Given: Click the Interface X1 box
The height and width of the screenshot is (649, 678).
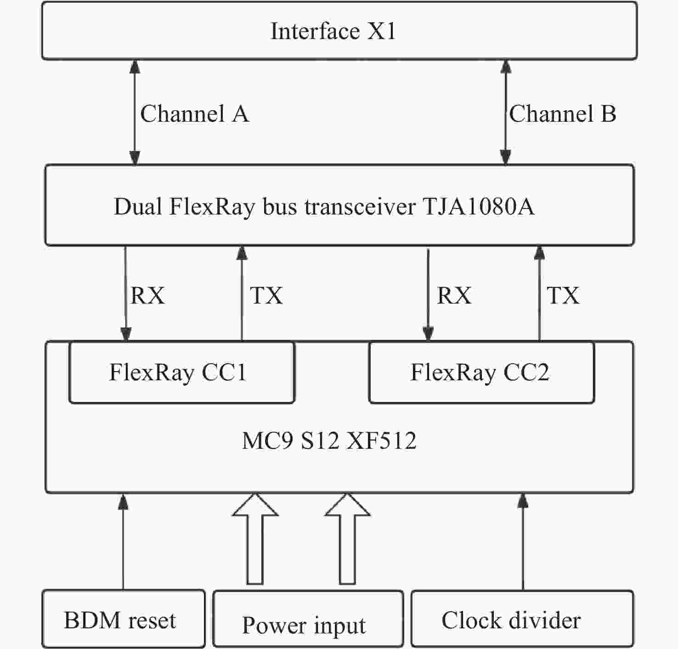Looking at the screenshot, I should coord(339,31).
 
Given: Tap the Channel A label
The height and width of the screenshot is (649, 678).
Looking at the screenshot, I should coord(194,113).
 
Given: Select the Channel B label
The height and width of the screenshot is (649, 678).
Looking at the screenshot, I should coord(562,113).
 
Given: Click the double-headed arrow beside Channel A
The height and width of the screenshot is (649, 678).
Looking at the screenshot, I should coord(135,112).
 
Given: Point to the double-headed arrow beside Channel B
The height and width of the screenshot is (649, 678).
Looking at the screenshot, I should coord(506,112).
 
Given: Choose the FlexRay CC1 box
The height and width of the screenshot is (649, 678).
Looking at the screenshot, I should coord(181,372).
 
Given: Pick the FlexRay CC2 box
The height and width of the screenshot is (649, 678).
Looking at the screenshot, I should coord(481,372).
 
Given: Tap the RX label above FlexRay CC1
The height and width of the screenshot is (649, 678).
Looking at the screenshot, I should coord(147,295).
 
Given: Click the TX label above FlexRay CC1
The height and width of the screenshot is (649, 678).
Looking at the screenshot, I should coord(266,295).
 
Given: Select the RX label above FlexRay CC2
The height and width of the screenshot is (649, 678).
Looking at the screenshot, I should coord(454,295).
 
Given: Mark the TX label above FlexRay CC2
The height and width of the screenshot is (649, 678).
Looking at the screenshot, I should coord(563,295).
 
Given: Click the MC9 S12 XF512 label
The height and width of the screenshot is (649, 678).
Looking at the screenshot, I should coord(329,441).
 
